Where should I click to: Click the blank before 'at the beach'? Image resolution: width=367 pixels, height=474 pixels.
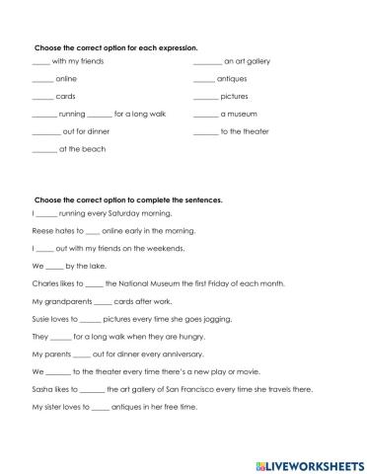pos(44,149)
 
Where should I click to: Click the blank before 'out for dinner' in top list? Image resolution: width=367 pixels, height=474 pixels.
pos(45,132)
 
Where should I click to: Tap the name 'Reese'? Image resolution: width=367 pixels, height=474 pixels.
pos(42,230)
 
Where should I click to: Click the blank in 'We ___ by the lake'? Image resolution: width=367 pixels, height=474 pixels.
pos(55,266)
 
